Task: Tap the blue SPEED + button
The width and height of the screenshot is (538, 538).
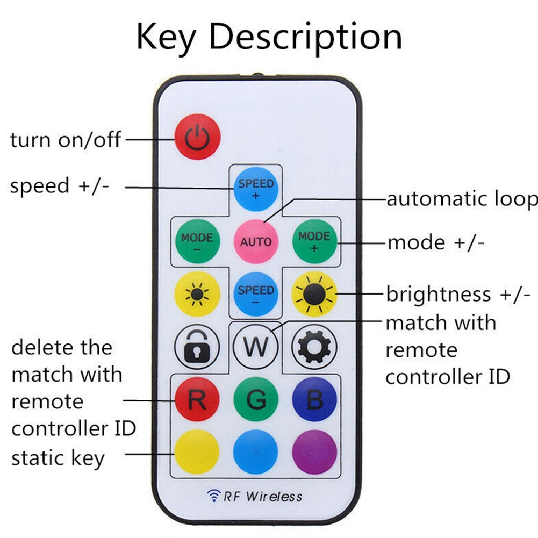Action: click(x=256, y=189)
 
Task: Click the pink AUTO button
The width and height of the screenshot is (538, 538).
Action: click(x=256, y=241)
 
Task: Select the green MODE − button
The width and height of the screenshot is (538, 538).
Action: click(x=197, y=241)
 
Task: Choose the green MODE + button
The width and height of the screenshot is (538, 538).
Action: click(x=314, y=241)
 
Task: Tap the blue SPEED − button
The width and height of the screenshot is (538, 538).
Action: click(x=256, y=294)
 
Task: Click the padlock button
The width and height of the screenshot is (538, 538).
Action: click(x=197, y=347)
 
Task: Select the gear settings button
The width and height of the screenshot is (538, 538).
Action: click(x=314, y=347)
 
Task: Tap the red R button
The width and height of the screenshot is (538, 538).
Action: click(x=197, y=399)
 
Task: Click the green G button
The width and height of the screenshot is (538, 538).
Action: click(x=256, y=399)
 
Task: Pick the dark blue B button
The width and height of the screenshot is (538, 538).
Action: click(x=314, y=399)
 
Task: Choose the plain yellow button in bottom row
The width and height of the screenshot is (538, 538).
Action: click(x=197, y=452)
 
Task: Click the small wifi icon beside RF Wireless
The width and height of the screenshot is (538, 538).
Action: click(x=213, y=496)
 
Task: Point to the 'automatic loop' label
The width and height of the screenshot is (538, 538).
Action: click(x=462, y=199)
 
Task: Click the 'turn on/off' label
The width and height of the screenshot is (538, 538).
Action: click(x=66, y=140)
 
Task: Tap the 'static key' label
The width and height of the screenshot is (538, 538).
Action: click(x=58, y=458)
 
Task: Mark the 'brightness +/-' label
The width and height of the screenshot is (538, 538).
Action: click(x=458, y=295)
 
